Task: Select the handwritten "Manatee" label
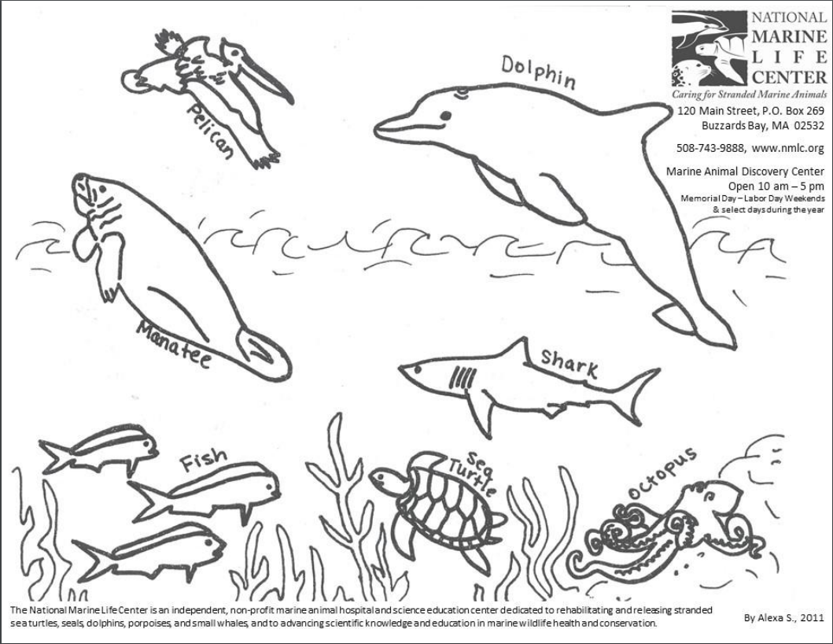point(171,345)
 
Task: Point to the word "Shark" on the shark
point(569,364)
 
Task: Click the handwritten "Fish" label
point(202,461)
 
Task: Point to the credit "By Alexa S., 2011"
point(783,618)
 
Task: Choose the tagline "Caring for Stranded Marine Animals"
point(749,94)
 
